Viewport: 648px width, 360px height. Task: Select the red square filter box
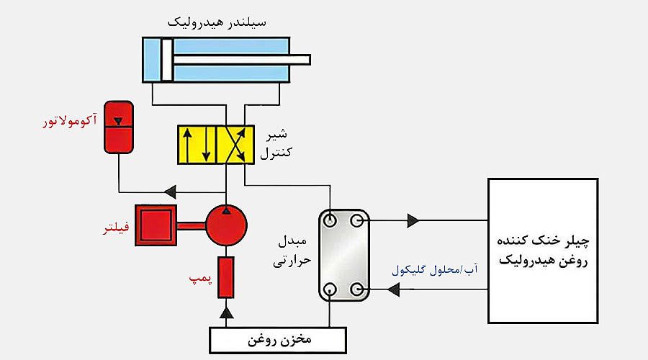(x=156, y=225)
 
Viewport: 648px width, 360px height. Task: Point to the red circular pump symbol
(x=227, y=226)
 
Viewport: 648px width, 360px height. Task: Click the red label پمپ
(x=199, y=278)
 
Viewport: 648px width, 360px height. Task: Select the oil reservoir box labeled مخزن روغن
(x=278, y=338)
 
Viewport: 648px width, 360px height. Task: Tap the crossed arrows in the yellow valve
(x=235, y=145)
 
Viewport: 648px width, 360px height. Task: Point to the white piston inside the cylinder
(x=166, y=59)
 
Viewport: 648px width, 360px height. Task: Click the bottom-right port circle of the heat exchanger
(x=358, y=289)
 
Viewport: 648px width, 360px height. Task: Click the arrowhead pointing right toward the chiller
(x=413, y=220)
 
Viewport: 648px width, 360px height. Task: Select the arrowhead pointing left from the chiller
(x=394, y=289)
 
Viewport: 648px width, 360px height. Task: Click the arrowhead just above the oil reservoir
(x=227, y=312)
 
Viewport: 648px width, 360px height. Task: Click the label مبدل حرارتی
(x=291, y=251)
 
